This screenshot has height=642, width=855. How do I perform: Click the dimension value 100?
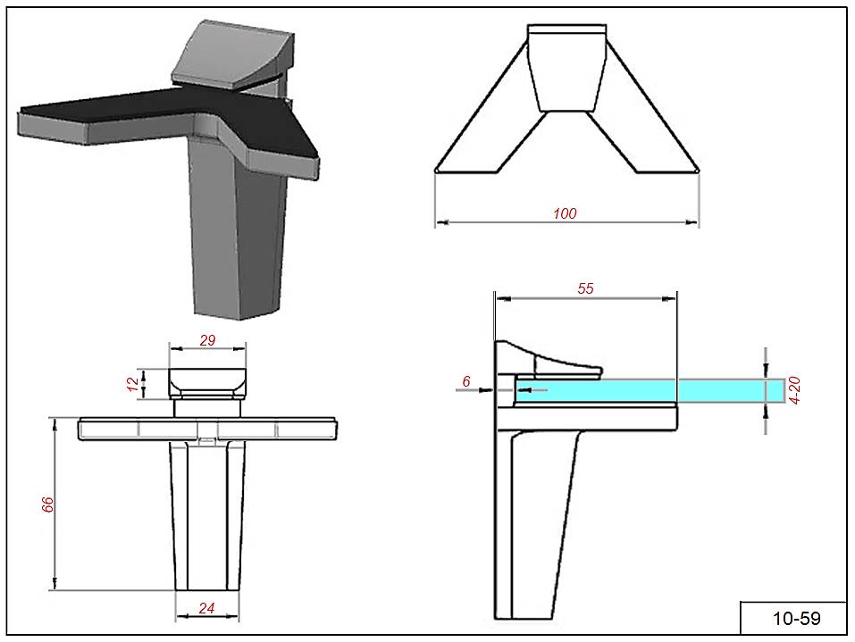(x=565, y=213)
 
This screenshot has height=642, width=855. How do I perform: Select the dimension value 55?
(x=585, y=288)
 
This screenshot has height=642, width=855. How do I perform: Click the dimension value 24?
(x=206, y=609)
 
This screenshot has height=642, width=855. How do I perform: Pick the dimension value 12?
(x=133, y=384)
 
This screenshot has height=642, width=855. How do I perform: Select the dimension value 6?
(x=466, y=381)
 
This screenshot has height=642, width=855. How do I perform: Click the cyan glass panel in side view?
(x=643, y=390)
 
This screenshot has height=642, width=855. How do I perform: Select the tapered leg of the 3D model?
(x=234, y=232)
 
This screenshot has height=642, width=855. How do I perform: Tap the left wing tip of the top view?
(x=437, y=169)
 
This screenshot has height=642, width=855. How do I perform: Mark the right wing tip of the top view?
(x=696, y=169)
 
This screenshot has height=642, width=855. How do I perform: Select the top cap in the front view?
(x=207, y=382)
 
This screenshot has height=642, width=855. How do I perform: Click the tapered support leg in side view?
(x=536, y=518)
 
